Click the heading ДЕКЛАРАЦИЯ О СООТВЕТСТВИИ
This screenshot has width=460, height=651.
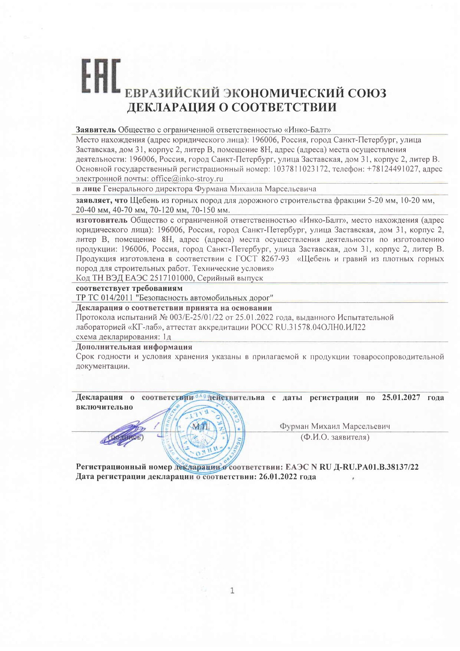232,107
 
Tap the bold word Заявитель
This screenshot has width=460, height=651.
96,130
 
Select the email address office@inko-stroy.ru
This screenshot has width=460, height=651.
187,179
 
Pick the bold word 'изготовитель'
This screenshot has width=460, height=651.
102,220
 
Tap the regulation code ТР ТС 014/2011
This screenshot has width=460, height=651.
104,298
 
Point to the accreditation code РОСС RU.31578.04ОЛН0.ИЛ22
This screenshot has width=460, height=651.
308,327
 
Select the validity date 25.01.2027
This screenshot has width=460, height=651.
401,398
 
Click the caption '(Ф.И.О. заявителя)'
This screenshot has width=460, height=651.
335,437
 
